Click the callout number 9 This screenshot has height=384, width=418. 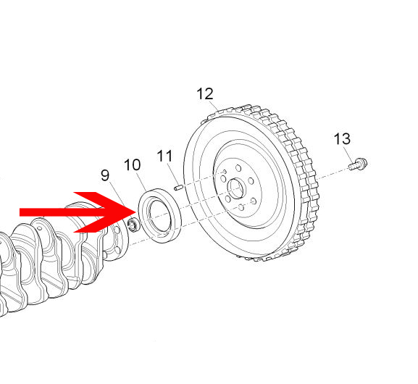pyautogui.click(x=105, y=175)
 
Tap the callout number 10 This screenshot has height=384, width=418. pyautogui.click(x=133, y=164)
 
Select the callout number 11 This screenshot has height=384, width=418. pyautogui.click(x=164, y=156)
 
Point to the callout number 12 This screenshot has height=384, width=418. pyautogui.click(x=205, y=94)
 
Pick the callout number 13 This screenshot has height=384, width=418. pyautogui.click(x=342, y=138)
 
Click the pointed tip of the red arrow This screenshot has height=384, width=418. pyautogui.click(x=136, y=212)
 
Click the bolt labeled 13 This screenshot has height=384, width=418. pyautogui.click(x=358, y=164)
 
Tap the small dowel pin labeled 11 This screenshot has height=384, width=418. pyautogui.click(x=178, y=188)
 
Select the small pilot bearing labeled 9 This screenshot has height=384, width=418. pyautogui.click(x=133, y=225)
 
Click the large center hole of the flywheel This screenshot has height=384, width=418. pyautogui.click(x=235, y=189)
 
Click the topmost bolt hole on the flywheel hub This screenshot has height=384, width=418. pyautogui.click(x=238, y=168)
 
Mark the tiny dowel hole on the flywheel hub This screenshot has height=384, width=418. pyautogui.click(x=225, y=171)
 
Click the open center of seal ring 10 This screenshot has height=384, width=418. pyautogui.click(x=159, y=216)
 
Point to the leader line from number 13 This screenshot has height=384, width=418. pyautogui.click(x=348, y=153)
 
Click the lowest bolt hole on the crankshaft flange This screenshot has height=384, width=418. pyautogui.click(x=117, y=250)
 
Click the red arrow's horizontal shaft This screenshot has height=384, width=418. pyautogui.click(x=62, y=212)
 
